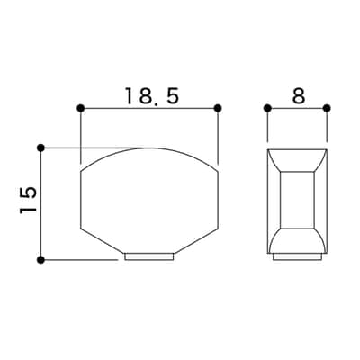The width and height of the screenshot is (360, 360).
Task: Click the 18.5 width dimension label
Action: click(152, 96)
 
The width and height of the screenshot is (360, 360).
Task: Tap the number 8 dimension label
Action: click(298, 96)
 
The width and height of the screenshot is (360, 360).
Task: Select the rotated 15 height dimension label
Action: click(28, 200)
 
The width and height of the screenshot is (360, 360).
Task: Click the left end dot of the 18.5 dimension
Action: click(80, 108)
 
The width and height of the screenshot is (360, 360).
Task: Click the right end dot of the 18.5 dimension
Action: click(218, 108)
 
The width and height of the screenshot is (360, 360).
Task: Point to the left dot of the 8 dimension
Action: click(267, 108)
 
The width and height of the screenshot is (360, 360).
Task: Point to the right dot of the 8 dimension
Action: click(327, 108)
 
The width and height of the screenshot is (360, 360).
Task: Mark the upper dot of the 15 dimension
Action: click(41, 148)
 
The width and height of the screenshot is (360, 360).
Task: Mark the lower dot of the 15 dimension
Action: click(41, 260)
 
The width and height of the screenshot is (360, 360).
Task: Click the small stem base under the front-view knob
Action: click(149, 256)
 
